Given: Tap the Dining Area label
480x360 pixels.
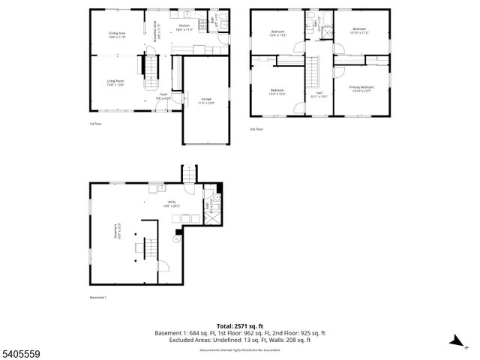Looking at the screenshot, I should [x=116, y=34].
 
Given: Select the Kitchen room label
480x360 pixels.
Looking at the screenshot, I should [x=184, y=28].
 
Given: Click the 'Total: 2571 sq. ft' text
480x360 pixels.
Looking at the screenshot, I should [x=239, y=325].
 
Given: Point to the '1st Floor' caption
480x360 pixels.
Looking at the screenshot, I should [x=95, y=124].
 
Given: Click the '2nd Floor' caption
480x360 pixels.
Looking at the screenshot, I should [x=256, y=129].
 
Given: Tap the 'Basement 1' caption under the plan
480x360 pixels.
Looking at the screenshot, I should [x=97, y=298].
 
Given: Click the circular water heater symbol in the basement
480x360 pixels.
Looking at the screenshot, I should [x=177, y=240].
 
